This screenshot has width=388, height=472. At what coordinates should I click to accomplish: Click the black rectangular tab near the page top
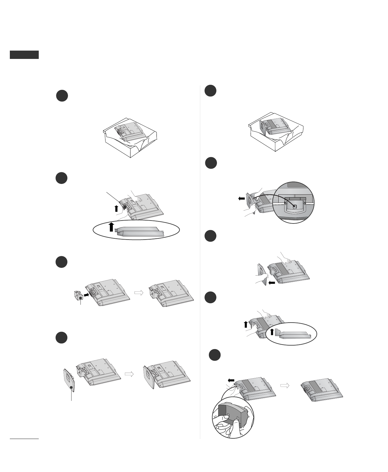click(x=24, y=55)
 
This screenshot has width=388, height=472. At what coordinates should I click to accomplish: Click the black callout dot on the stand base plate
click(x=71, y=388)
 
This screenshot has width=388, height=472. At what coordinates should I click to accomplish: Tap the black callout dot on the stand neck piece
click(x=80, y=298)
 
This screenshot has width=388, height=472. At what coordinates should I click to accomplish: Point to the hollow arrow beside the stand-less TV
click(x=285, y=385)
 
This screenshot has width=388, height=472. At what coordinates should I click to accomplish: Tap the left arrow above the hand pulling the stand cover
click(x=231, y=380)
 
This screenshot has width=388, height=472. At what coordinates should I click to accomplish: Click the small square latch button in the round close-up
click(x=294, y=206)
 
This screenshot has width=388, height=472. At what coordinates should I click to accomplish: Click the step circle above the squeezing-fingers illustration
click(x=214, y=355)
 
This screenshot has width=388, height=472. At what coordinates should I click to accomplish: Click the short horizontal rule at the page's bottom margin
click(x=24, y=439)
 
